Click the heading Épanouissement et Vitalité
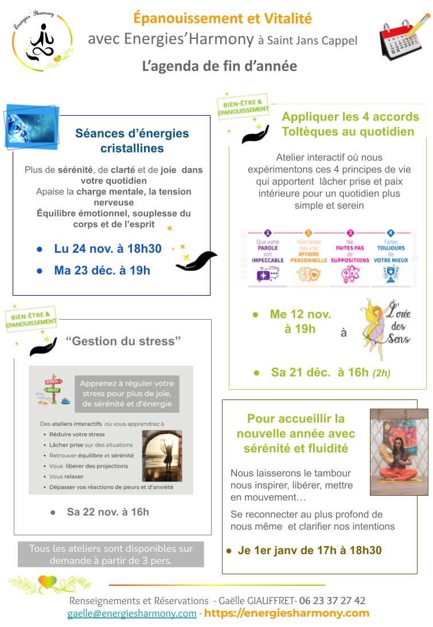(x=223, y=18)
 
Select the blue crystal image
(x=32, y=127)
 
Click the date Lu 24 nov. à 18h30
(x=108, y=249)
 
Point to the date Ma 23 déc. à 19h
(x=102, y=270)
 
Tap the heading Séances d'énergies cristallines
(x=132, y=140)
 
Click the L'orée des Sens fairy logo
(x=383, y=330)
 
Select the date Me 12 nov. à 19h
(x=300, y=322)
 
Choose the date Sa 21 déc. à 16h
(x=330, y=372)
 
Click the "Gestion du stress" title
(x=123, y=341)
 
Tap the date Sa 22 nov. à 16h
(x=107, y=511)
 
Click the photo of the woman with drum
(x=399, y=452)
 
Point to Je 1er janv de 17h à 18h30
(x=309, y=550)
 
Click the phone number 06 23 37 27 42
(x=332, y=601)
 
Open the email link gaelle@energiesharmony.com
(x=132, y=613)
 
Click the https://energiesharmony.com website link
(x=287, y=613)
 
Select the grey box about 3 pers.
(x=111, y=554)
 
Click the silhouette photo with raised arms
(x=162, y=456)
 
